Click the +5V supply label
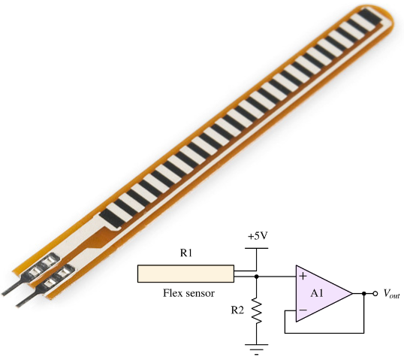[x=257, y=236]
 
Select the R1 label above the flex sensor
[x=185, y=254]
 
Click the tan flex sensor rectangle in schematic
[x=185, y=274]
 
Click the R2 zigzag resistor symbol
[x=257, y=310]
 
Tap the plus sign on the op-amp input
[x=303, y=277]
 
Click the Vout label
[x=391, y=294]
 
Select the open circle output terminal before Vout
[x=375, y=294]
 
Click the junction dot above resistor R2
[x=257, y=277]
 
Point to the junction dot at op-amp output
[x=363, y=294]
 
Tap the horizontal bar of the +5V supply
[x=257, y=247]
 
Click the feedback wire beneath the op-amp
[x=323, y=330]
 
